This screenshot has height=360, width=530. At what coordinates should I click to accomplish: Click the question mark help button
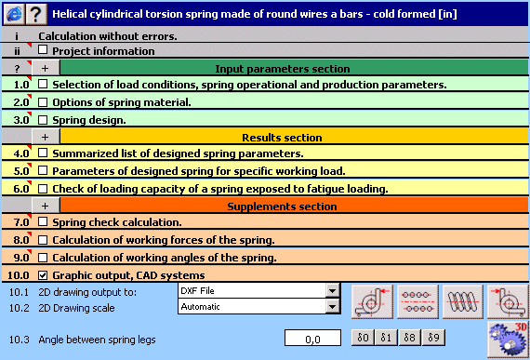(x=35, y=14)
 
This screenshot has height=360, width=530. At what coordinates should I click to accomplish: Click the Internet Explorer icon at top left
(x=13, y=14)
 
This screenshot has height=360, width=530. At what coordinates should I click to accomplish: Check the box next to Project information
(x=44, y=52)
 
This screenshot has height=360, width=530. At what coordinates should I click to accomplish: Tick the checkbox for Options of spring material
(x=44, y=102)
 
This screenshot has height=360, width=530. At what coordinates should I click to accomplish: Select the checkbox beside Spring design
(x=44, y=120)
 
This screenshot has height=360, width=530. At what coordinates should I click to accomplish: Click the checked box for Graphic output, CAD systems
(x=44, y=275)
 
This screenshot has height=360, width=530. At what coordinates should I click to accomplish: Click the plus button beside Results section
(x=45, y=137)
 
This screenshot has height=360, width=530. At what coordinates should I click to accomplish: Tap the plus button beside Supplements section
(x=45, y=206)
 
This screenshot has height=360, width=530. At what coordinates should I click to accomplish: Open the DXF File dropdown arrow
(x=332, y=291)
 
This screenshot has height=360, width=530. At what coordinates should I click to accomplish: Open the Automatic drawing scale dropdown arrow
(x=332, y=306)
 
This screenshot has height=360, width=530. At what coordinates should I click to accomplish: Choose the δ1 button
(x=387, y=337)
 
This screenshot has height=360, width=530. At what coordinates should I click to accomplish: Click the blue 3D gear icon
(x=508, y=338)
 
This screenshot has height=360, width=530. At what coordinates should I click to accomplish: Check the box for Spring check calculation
(x=44, y=223)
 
